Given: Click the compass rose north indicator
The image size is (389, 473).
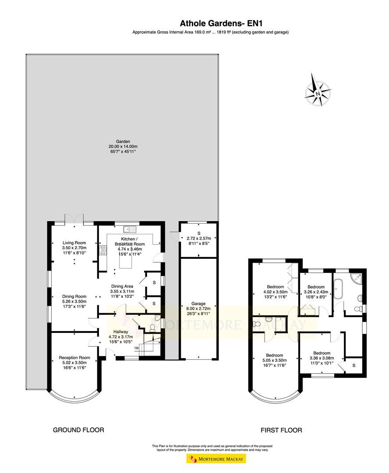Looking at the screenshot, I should pos(318,92).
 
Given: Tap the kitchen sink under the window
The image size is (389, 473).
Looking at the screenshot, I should pos(130,229).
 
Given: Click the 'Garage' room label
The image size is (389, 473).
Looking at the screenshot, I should pos(198,304).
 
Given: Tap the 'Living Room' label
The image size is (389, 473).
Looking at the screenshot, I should pos(74,243).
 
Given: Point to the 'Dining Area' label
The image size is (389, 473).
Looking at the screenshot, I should pos(122,286).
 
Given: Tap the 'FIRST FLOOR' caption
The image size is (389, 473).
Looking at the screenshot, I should pos(281,430).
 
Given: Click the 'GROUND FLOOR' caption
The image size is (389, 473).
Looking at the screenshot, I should pos(78,430).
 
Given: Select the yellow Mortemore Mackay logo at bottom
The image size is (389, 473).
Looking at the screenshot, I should pos(216,459).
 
